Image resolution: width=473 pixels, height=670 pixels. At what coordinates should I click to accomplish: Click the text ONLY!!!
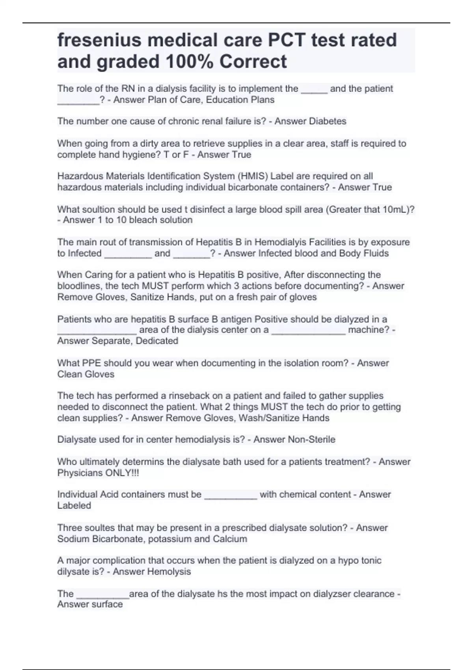(122, 473)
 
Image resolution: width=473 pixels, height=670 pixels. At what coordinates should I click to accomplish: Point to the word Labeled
(74, 506)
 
